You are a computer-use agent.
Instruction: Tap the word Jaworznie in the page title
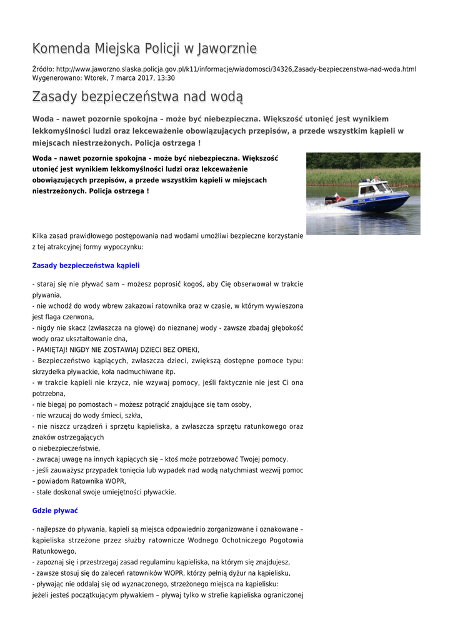227,48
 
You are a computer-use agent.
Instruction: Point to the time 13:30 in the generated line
166,78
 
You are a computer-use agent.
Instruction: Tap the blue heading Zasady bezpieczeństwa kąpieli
86,265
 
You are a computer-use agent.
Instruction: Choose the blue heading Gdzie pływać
55,511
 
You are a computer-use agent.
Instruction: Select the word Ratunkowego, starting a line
54,551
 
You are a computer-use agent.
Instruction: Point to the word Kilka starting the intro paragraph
41,236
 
